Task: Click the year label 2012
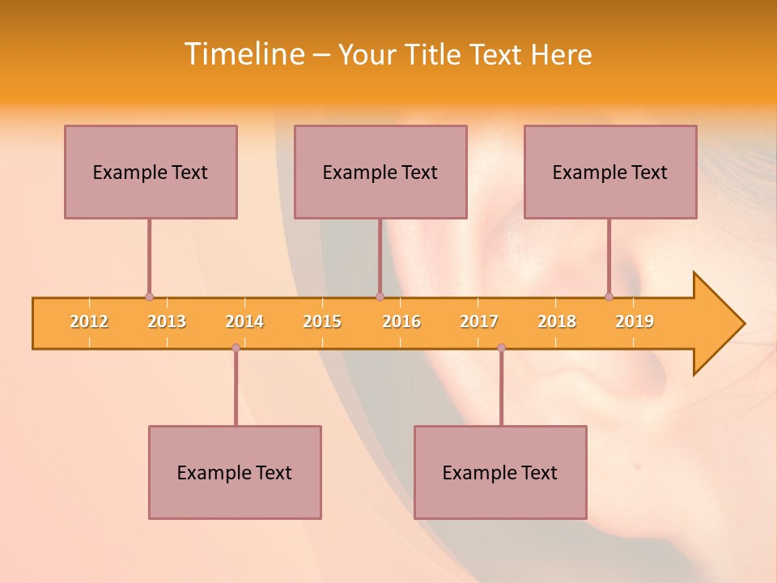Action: pos(89,321)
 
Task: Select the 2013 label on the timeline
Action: pos(167,321)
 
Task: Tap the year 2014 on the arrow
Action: pos(244,321)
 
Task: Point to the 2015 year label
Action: pos(322,321)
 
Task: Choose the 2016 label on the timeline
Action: pos(401,321)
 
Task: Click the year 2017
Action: pos(479,321)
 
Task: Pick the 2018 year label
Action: pos(557,321)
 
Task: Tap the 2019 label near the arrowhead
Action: pos(635,321)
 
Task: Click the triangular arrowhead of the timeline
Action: pos(717,324)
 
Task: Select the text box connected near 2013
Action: pos(151,172)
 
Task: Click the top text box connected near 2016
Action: pos(380,172)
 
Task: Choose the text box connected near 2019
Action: pos(610,172)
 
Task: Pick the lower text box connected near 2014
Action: pos(235,472)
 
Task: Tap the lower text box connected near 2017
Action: pos(500,472)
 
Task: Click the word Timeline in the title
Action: pos(243,54)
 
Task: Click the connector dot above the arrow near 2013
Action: pos(149,297)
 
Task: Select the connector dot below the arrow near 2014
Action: pos(236,347)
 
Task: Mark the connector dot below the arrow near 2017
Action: pos(501,347)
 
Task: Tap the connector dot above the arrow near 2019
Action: pos(609,297)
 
